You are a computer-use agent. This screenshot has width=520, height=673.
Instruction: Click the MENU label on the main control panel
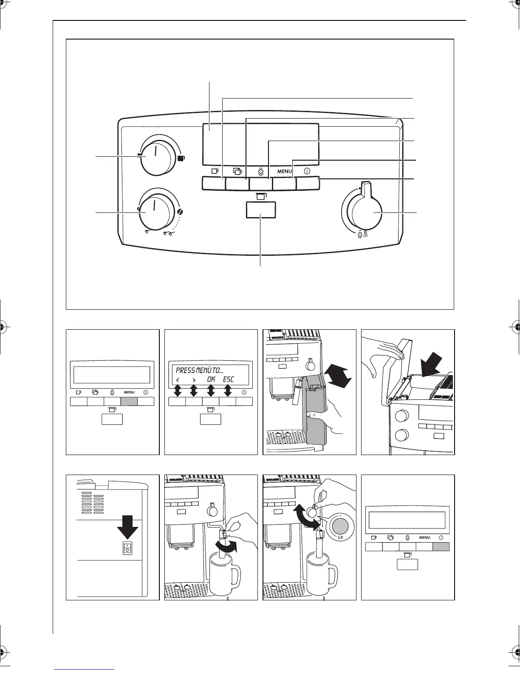pos(284,171)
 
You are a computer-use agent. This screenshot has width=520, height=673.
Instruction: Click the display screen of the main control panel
pos(260,144)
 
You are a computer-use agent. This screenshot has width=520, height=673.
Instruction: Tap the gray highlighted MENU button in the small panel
pos(129,401)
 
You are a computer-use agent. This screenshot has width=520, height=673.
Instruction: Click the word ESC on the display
pos(228,379)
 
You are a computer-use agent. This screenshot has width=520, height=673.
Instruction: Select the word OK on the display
pos(211,379)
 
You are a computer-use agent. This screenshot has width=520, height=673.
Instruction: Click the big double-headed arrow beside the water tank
pos(337,373)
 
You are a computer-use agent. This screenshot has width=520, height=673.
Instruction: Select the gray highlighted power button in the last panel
pos(441,547)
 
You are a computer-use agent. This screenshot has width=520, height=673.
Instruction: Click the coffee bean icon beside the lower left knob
pos(180,212)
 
